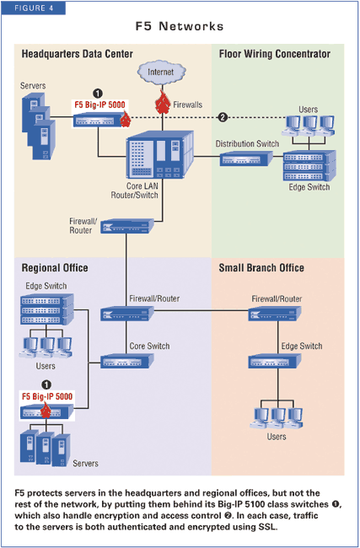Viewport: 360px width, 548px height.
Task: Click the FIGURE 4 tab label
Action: click(34, 8)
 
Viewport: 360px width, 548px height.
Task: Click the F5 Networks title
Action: click(180, 26)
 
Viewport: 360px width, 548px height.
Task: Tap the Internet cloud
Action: click(161, 72)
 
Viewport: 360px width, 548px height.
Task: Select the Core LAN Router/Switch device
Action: click(159, 154)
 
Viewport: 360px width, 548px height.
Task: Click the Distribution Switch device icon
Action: click(246, 159)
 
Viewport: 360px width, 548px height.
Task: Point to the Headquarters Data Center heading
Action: click(78, 54)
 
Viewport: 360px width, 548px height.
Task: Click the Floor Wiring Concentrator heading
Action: click(275, 54)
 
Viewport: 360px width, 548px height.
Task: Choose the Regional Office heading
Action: click(55, 268)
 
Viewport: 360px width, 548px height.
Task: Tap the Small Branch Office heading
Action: click(261, 268)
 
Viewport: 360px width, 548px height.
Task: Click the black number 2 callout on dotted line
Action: click(223, 117)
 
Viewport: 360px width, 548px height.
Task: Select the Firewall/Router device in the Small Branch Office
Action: click(275, 313)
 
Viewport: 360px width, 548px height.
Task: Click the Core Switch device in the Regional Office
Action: click(126, 361)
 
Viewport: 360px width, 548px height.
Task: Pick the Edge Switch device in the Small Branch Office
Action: click(275, 361)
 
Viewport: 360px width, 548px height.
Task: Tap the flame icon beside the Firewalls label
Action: click(162, 102)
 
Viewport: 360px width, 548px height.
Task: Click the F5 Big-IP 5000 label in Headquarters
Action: click(99, 105)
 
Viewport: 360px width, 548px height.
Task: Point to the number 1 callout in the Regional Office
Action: click(46, 384)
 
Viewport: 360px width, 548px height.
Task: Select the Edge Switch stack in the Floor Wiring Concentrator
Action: click(309, 165)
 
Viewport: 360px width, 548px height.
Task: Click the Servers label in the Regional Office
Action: click(86, 464)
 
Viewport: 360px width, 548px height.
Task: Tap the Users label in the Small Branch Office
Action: click(277, 437)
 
